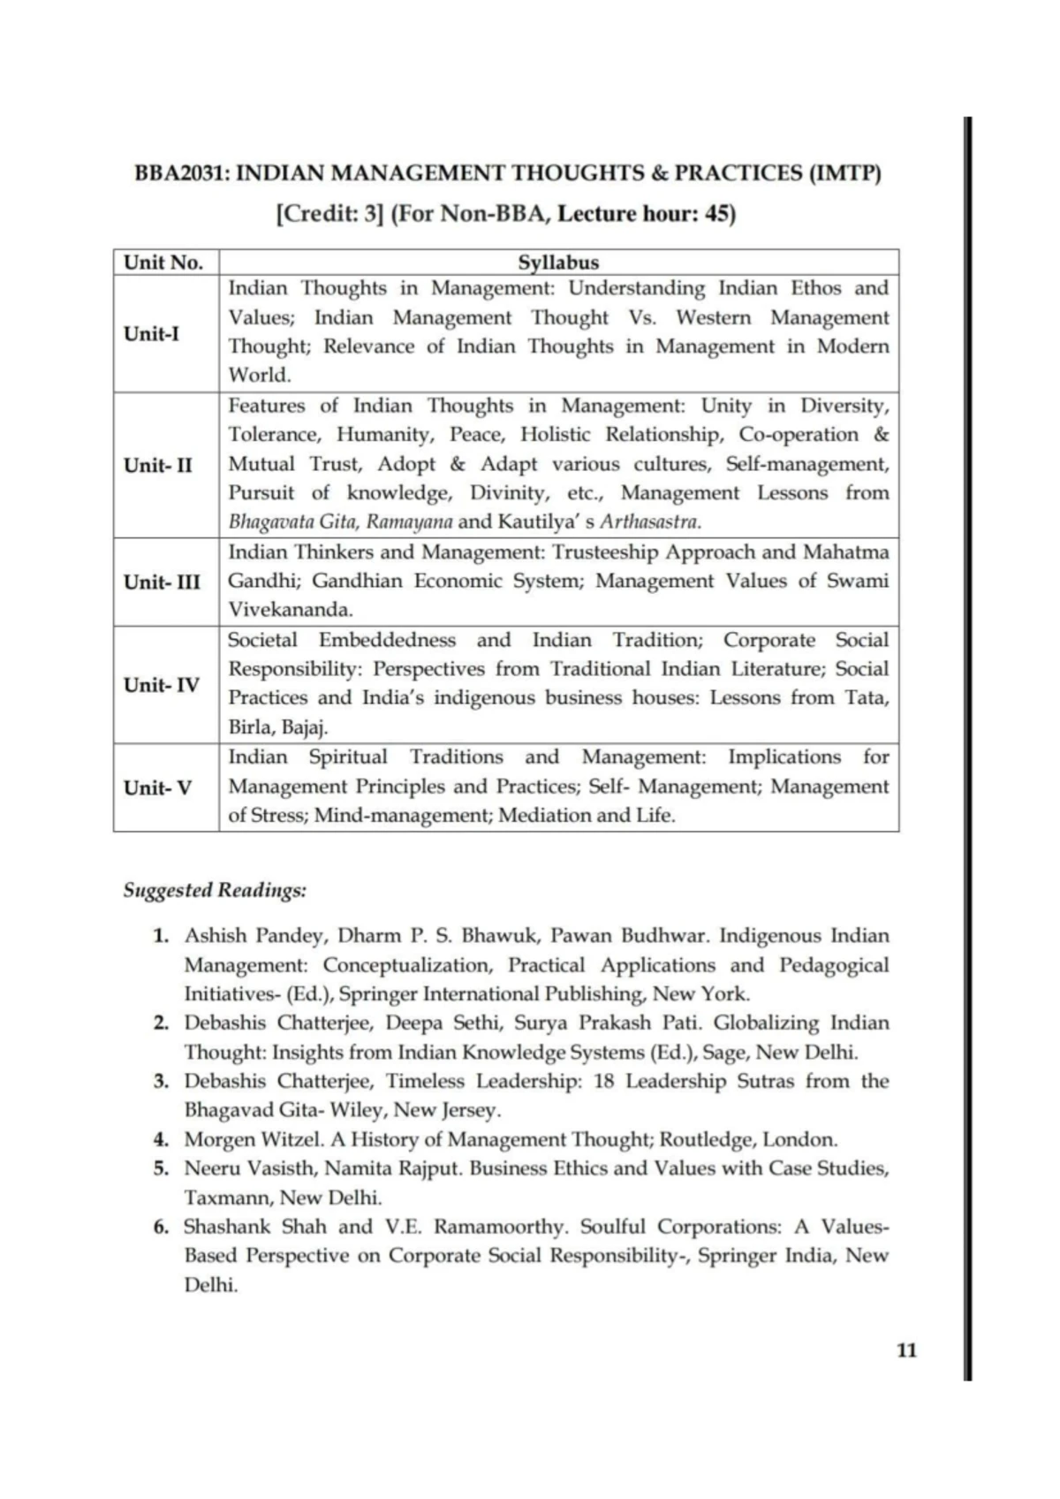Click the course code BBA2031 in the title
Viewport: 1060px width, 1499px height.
click(x=181, y=172)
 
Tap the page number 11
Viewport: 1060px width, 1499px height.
click(x=906, y=1350)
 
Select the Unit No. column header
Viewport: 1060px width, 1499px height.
click(x=163, y=263)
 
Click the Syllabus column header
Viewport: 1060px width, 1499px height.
click(x=558, y=263)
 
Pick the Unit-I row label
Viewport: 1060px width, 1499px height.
click(x=151, y=333)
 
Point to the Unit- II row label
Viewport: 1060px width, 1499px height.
click(x=157, y=465)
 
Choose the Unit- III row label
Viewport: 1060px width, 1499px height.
click(x=162, y=582)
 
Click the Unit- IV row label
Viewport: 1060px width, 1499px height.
click(x=161, y=684)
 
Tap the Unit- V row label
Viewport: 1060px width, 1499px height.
click(x=157, y=788)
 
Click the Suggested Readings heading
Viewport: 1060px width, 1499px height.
click(x=215, y=890)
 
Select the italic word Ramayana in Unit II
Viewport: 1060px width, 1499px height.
click(x=409, y=521)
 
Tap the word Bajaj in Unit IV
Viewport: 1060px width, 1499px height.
click(x=304, y=727)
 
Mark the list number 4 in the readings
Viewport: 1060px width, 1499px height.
click(x=161, y=1139)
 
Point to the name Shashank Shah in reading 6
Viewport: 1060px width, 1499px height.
click(x=254, y=1227)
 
